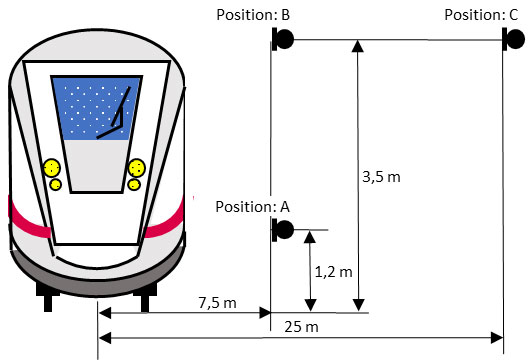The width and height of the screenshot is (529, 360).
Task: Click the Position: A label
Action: click(253, 206)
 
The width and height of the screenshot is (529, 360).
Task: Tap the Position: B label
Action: click(253, 15)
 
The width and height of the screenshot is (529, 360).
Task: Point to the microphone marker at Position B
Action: click(283, 39)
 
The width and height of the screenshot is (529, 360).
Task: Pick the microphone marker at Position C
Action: click(511, 39)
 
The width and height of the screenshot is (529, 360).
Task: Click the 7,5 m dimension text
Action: click(217, 302)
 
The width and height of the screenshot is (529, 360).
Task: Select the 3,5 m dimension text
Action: click(381, 177)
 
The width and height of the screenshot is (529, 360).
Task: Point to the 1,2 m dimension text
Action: click(334, 271)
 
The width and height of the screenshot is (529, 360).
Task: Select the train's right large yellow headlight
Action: click(137, 166)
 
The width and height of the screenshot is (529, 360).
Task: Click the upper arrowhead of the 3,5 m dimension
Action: click(357, 46)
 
